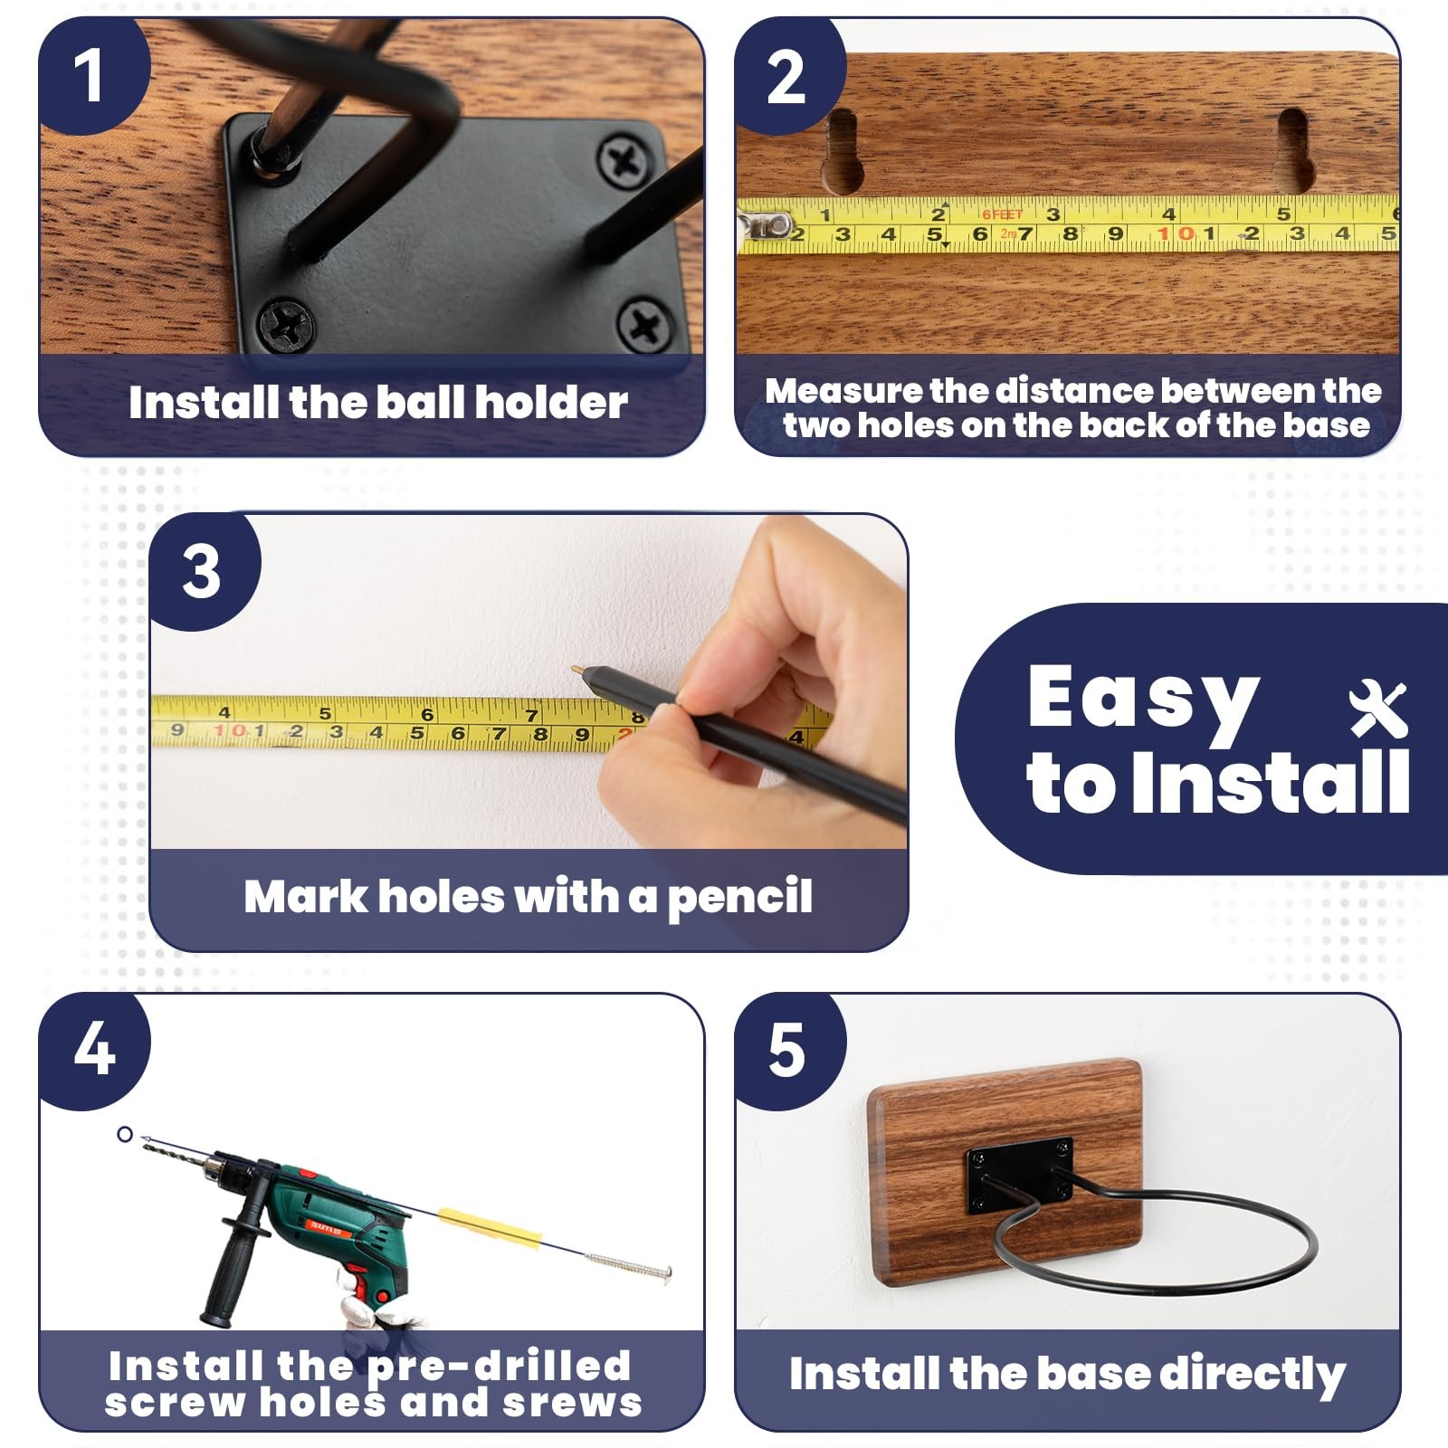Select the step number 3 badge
pyautogui.click(x=203, y=570)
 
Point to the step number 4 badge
pyautogui.click(x=92, y=1050)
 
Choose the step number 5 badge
pyautogui.click(x=787, y=1050)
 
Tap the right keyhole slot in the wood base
pyautogui.click(x=1292, y=149)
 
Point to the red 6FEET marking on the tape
pyautogui.click(x=1002, y=214)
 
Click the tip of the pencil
pyautogui.click(x=577, y=668)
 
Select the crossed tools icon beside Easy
pyautogui.click(x=1378, y=709)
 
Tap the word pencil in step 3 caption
pyautogui.click(x=739, y=899)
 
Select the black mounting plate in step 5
pyautogui.click(x=1020, y=1176)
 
